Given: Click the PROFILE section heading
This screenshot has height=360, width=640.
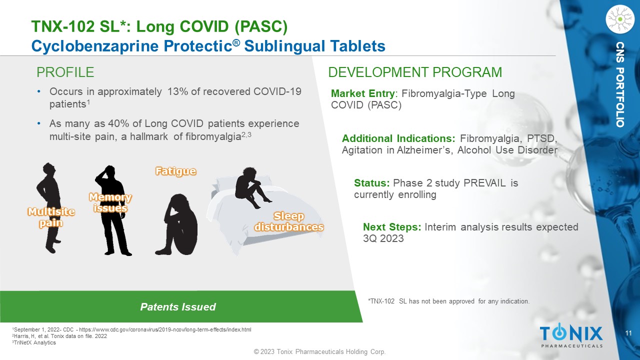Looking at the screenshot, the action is [65, 72].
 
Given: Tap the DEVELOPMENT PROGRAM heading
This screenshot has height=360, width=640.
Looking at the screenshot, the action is [415, 72].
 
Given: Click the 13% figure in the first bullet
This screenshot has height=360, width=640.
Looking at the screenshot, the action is [177, 91].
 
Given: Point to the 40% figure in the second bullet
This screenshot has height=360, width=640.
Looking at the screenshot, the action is [118, 123].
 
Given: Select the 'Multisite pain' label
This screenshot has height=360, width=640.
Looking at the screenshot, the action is [51, 217].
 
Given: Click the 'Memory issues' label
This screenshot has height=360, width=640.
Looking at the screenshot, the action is [110, 202].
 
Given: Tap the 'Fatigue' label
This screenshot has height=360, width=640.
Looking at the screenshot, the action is [175, 171].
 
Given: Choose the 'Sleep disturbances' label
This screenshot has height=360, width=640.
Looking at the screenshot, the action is [289, 221].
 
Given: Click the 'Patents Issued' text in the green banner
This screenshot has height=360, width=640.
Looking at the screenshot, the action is [178, 307].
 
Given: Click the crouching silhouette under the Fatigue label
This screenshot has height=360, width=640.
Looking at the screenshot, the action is [177, 225].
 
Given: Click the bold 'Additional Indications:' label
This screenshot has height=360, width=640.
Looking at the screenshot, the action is [398, 138].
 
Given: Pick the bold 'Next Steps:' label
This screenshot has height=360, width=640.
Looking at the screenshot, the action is [392, 227].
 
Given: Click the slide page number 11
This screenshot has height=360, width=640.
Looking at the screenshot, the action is [628, 333].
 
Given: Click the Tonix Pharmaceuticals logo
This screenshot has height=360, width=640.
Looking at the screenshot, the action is [571, 336].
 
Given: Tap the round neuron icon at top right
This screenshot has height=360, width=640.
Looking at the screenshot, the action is [620, 19].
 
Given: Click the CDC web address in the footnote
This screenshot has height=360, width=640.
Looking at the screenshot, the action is [165, 329].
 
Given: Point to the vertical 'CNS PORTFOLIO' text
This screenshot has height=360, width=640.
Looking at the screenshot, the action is [620, 84].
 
